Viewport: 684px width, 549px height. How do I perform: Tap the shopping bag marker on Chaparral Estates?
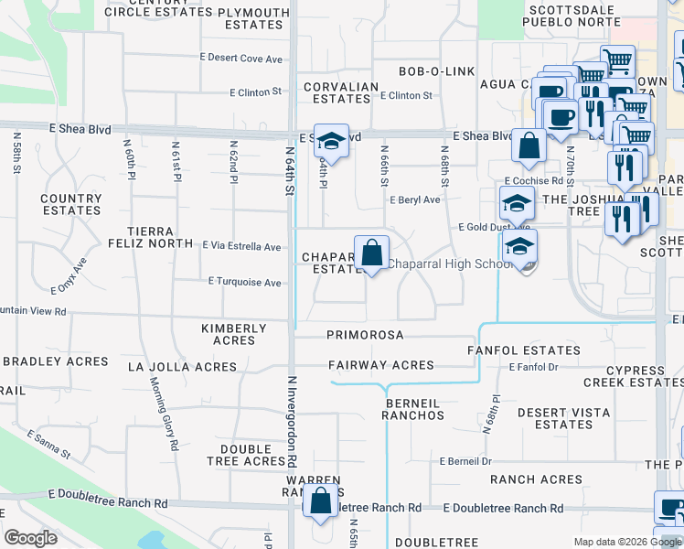[x=371, y=253]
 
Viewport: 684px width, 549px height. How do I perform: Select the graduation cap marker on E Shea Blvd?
[x=331, y=142]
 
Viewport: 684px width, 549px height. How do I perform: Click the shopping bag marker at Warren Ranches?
[x=321, y=501]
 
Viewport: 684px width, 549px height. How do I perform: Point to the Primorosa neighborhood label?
[x=365, y=335]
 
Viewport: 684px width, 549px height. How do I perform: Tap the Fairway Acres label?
[x=381, y=365]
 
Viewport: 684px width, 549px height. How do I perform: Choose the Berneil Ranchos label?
[x=414, y=408]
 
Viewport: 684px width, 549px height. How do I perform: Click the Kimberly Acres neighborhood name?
[x=234, y=334]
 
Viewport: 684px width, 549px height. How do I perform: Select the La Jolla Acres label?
[x=182, y=367]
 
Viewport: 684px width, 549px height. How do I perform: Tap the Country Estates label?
[x=71, y=204]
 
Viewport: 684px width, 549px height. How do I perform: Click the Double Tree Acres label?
[x=253, y=455]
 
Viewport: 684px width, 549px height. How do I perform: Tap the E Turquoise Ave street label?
[x=244, y=283]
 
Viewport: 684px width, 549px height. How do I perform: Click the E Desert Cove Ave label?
[x=242, y=59]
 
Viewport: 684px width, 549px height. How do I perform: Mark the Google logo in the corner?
[x=31, y=538]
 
